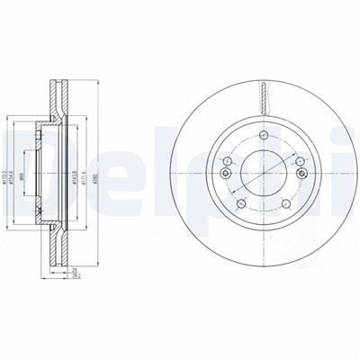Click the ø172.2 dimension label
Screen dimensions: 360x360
point(7,166)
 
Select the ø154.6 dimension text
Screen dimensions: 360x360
point(18,166)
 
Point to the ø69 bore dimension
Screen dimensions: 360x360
point(39,166)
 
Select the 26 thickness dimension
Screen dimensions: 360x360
point(77,272)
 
